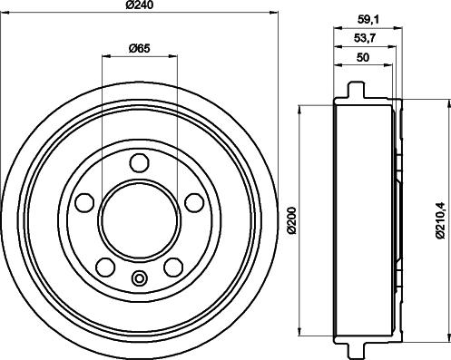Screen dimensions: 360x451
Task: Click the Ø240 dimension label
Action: click(139, 6)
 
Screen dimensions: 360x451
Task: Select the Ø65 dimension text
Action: click(138, 48)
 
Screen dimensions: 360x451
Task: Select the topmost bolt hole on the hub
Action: click(139, 163)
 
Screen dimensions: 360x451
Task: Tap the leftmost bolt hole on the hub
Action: click(85, 201)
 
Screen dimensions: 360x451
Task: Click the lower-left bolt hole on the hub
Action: click(106, 266)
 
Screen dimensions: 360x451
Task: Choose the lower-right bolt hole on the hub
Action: click(172, 266)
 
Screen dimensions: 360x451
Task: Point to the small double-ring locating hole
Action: click(139, 277)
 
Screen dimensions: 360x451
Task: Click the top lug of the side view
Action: click(355, 92)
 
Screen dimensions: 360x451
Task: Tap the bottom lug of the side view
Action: click(355, 348)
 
